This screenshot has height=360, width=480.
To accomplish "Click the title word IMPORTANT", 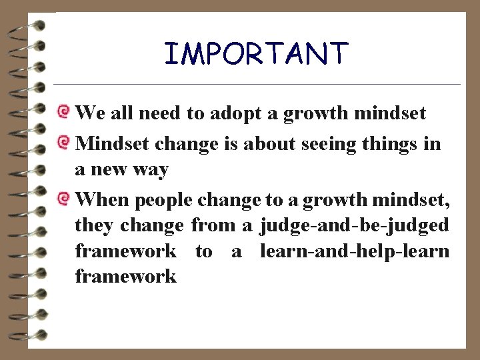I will pyautogui.click(x=256, y=54).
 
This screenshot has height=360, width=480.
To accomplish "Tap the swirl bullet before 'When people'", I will pyautogui.click(x=64, y=197).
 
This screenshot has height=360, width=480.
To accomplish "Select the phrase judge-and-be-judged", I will pyautogui.click(x=355, y=225).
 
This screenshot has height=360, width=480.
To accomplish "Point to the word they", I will pyautogui.click(x=94, y=225).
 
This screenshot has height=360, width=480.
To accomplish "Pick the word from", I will pyautogui.click(x=213, y=225).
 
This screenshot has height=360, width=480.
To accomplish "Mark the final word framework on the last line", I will pyautogui.click(x=125, y=276).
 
